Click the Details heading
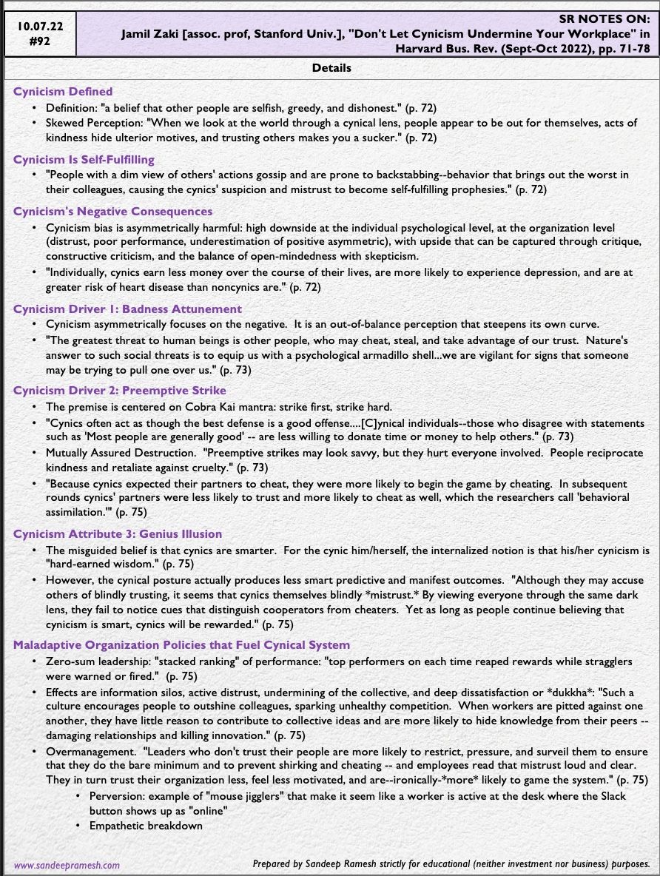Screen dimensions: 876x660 tap(331, 68)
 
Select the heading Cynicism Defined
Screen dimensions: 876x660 tap(63, 92)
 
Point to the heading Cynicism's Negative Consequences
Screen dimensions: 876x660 tap(112, 212)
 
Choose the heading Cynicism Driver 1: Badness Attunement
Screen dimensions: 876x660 tap(127, 309)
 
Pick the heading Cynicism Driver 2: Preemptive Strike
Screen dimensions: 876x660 tap(120, 390)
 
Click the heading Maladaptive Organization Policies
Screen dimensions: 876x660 tap(181, 645)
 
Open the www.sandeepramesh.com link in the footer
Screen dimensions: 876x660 tap(67, 864)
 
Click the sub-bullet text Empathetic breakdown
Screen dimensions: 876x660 tap(146, 825)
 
